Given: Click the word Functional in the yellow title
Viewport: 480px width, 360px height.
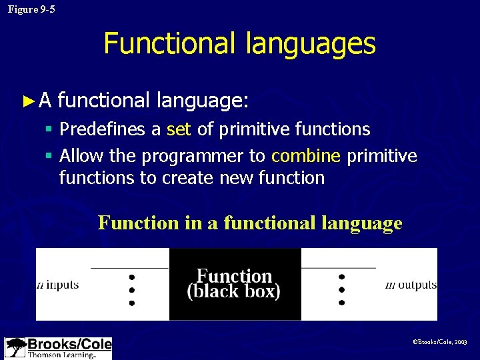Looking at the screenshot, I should tap(166, 44).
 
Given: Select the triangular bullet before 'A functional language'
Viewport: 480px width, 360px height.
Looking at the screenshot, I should tap(27, 101).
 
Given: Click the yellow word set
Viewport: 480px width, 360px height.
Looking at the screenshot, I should tap(179, 129).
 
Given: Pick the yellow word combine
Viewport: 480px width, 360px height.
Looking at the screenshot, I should tap(306, 156).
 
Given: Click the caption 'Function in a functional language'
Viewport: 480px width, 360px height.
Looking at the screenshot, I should tap(250, 223).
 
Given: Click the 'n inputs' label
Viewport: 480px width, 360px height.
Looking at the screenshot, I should tap(57, 285).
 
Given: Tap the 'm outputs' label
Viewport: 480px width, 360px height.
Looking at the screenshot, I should tap(411, 285).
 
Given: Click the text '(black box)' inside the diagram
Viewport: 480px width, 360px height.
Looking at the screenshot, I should tap(234, 292).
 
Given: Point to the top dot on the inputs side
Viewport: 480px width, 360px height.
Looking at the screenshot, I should tap(132, 276).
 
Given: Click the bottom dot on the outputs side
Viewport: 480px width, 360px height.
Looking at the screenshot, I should tap(341, 302).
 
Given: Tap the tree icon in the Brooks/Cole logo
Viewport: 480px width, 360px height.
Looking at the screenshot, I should tap(15, 348).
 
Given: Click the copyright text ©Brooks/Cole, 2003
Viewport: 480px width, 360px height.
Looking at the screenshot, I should tap(440, 341).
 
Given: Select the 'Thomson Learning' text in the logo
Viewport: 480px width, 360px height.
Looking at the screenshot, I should tap(61, 355).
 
